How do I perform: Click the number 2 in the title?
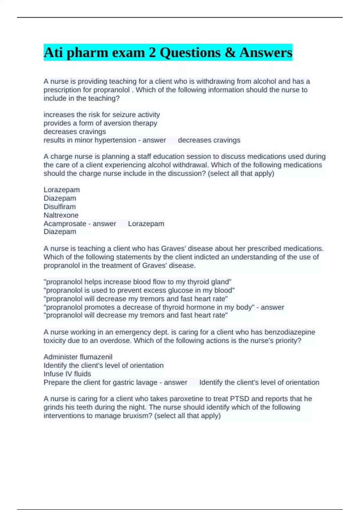pyautogui.click(x=152, y=52)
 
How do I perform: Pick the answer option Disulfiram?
pyautogui.click(x=60, y=207)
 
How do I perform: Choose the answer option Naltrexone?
pyautogui.click(x=61, y=215)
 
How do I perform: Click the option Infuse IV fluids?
pyautogui.click(x=67, y=374)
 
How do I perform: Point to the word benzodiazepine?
pyautogui.click(x=290, y=332)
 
